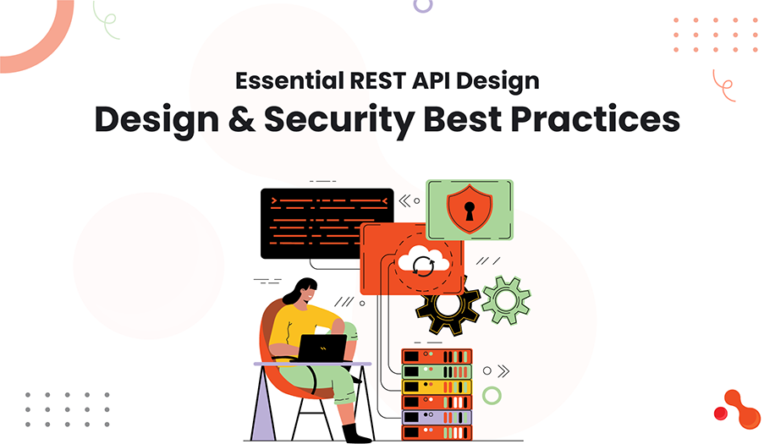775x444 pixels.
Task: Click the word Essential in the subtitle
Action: point(284,82)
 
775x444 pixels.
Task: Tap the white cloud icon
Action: point(420,257)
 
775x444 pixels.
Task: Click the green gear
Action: point(504,299)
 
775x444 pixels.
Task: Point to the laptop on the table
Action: point(322,347)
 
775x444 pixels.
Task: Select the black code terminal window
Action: point(327,222)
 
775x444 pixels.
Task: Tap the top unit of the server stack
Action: point(436,356)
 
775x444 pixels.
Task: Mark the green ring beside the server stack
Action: point(492,395)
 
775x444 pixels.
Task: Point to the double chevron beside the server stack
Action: point(503,370)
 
